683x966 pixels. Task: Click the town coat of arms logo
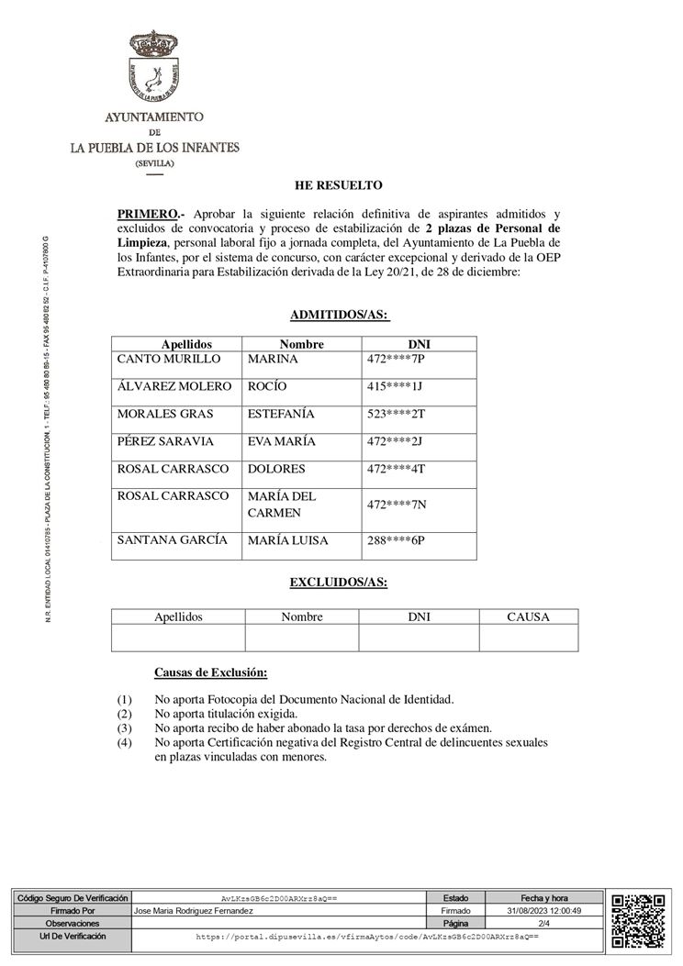155,71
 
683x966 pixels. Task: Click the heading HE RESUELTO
339,185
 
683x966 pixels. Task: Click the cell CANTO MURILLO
169,359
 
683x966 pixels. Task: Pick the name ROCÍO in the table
268,386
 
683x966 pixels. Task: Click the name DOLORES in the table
276,469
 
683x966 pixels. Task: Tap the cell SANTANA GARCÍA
173,540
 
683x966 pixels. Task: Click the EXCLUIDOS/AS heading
339,583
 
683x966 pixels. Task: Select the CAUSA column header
528,617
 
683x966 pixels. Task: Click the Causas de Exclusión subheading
210,673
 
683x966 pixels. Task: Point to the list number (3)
125,727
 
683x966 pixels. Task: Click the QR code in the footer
637,919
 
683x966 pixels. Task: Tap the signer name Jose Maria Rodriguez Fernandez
194,911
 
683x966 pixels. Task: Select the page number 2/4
544,923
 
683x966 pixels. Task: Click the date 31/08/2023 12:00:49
544,911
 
